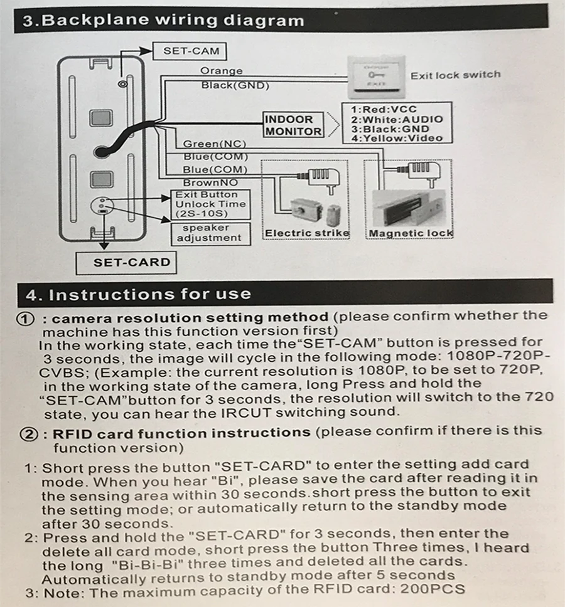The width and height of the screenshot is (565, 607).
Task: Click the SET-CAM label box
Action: [x=190, y=51]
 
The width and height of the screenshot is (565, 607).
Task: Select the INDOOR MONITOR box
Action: [x=293, y=125]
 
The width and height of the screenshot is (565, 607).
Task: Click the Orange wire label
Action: [x=221, y=71]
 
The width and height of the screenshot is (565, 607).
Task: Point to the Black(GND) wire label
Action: [x=235, y=85]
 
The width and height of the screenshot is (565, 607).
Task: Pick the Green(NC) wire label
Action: [x=214, y=144]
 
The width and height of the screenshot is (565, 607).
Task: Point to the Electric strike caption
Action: [x=307, y=233]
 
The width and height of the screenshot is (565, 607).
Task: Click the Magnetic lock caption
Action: [x=411, y=233]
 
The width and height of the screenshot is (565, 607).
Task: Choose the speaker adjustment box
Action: [x=208, y=233]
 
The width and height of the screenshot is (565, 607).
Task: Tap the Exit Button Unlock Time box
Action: [x=210, y=204]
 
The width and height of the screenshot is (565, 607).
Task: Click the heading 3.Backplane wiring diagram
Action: [x=163, y=20]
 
